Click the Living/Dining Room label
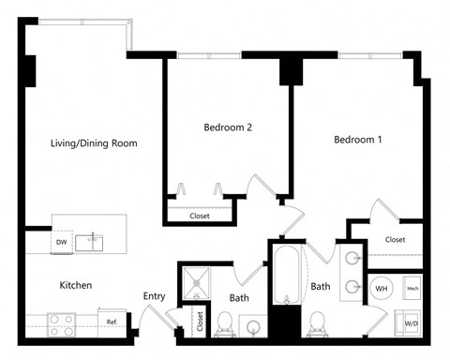click(x=94, y=143)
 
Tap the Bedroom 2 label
click(x=228, y=127)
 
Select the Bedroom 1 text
click(x=358, y=140)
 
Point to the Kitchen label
click(x=75, y=285)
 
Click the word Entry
click(x=154, y=296)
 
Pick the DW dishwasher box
click(x=63, y=243)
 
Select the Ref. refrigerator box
click(x=112, y=322)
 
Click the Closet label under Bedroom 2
click(x=200, y=216)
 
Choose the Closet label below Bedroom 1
click(x=395, y=240)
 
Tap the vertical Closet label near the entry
click(x=200, y=321)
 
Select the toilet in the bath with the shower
click(x=225, y=324)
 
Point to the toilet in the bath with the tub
click(x=317, y=324)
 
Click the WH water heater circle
click(x=382, y=288)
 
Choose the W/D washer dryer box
click(x=411, y=322)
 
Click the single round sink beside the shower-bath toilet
click(x=254, y=326)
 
